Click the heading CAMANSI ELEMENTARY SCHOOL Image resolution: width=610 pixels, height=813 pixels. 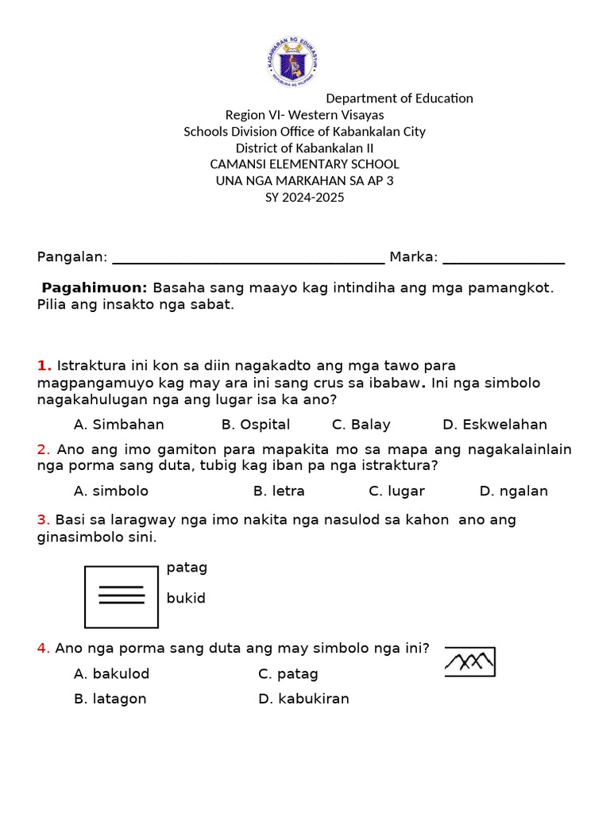click(304, 164)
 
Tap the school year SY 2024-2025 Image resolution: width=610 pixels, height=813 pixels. click(304, 198)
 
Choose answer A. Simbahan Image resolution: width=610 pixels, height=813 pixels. click(119, 425)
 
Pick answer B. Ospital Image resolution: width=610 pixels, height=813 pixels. click(256, 425)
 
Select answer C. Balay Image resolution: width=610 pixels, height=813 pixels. click(361, 425)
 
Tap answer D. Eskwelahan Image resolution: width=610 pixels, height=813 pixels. click(495, 425)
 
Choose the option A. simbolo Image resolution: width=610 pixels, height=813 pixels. click(111, 491)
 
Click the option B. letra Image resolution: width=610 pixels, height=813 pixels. click(279, 491)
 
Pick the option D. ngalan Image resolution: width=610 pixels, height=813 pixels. click(514, 491)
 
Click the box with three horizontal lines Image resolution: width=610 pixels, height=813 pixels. click(122, 596)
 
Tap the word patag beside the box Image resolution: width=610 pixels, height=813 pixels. click(187, 568)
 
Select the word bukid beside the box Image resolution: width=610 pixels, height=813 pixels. click(186, 599)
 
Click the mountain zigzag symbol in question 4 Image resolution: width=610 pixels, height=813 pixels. click(470, 661)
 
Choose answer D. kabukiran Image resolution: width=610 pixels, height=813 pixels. click(303, 699)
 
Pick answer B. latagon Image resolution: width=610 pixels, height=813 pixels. click(110, 699)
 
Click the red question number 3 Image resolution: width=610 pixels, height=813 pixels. click(44, 520)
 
